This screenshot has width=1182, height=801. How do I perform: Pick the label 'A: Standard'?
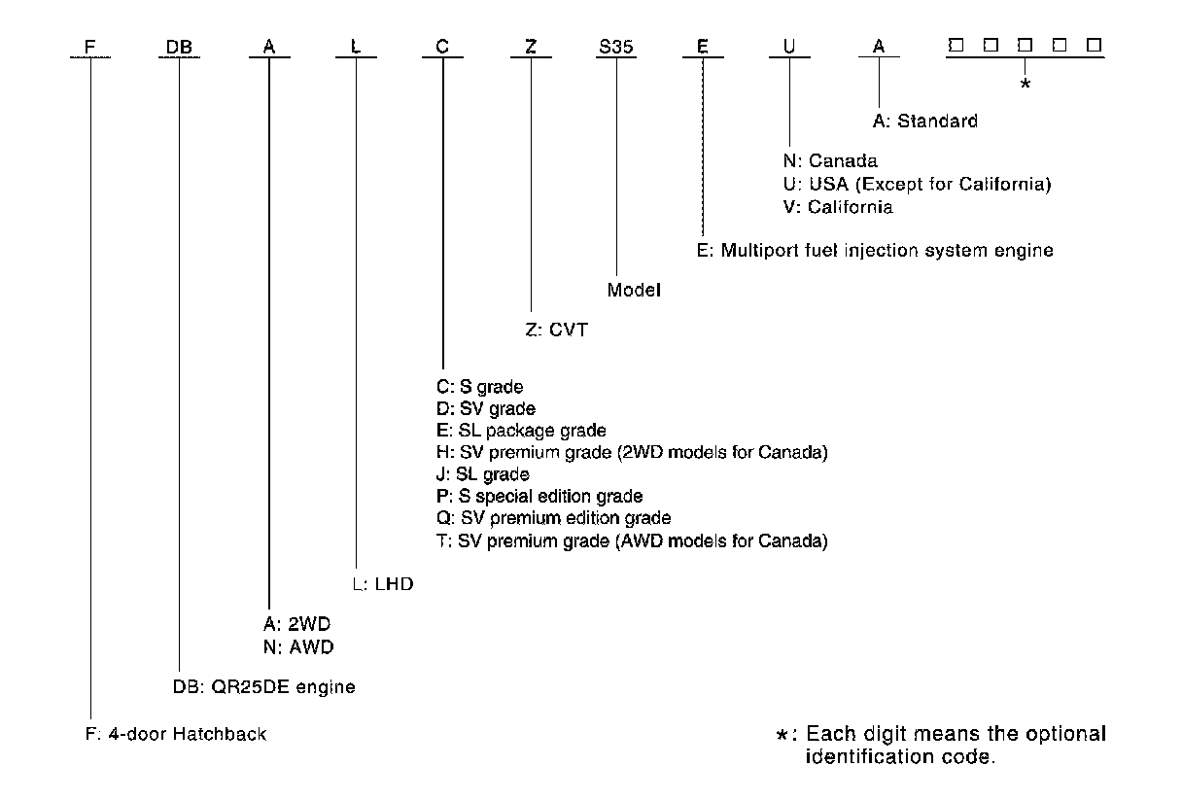point(924,122)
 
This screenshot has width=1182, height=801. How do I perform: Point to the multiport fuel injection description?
point(875,250)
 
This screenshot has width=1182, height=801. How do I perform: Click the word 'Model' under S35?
point(634,290)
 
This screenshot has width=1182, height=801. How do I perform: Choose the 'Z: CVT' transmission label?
point(556,330)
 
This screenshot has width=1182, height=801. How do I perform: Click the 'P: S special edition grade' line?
point(539,496)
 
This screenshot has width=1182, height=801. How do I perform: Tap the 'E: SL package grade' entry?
point(521,431)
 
